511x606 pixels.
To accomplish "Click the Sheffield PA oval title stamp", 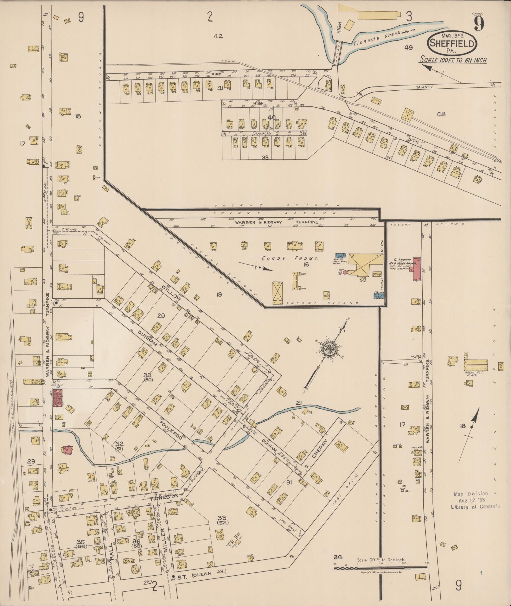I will [452, 43].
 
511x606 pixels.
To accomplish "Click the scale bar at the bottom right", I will [380, 568].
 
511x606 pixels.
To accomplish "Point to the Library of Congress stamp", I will [475, 500].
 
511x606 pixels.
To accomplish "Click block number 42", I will [218, 36].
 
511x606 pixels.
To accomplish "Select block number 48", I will [441, 114].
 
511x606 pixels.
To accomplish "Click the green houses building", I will [475, 364].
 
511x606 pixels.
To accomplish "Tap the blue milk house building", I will [340, 255].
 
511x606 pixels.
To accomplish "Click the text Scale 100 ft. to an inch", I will [453, 60].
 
